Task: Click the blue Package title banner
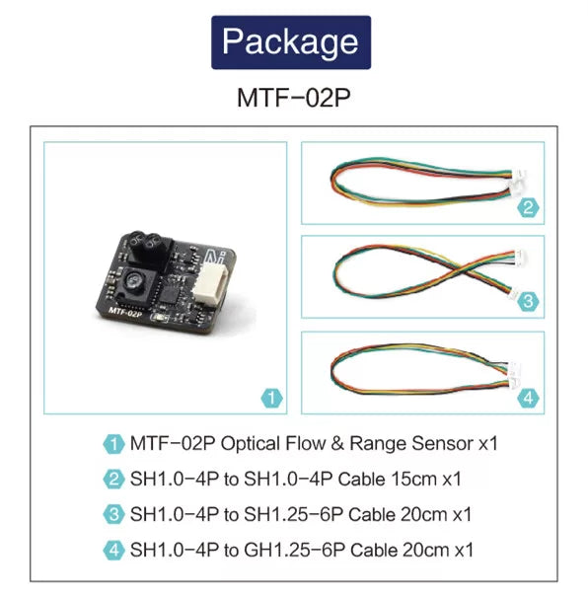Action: tap(291, 42)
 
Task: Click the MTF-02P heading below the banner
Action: tap(293, 98)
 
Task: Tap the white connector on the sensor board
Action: tap(210, 282)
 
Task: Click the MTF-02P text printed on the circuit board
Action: tap(125, 312)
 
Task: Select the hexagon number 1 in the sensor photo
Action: tap(271, 398)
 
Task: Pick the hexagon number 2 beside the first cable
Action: tap(528, 207)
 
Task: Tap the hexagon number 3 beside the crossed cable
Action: tap(528, 302)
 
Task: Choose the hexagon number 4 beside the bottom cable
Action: tap(528, 398)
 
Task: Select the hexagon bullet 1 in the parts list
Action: tap(113, 444)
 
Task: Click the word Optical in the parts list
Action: tap(250, 444)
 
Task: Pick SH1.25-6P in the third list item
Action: tap(293, 514)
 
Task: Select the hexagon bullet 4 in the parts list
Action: tap(113, 551)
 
